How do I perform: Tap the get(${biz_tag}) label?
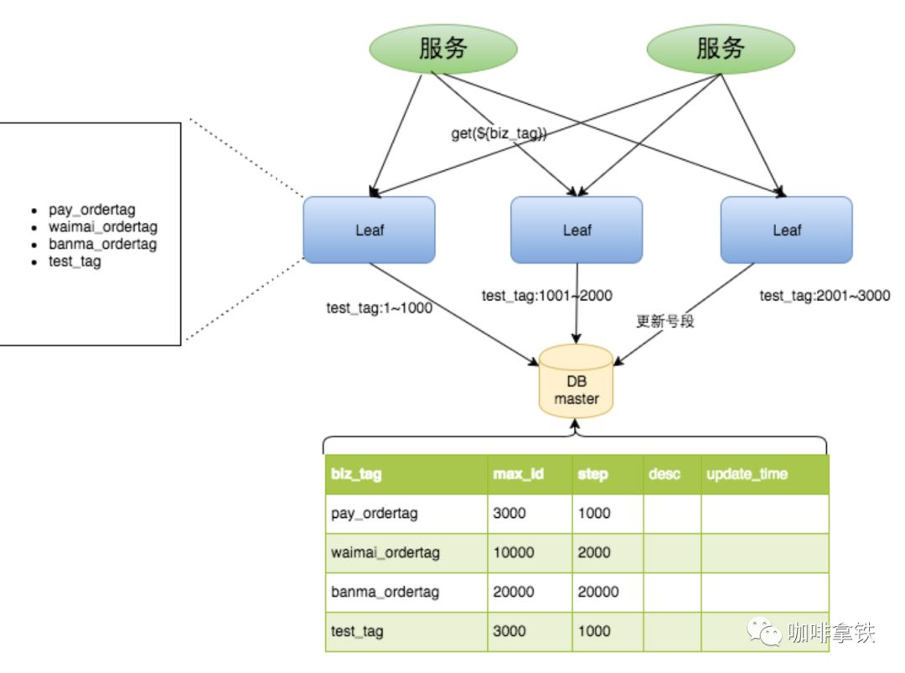click(499, 134)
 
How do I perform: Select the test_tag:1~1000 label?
click(379, 308)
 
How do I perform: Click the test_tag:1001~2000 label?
click(546, 295)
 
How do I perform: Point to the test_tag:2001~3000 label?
click(825, 295)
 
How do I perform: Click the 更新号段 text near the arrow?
click(665, 322)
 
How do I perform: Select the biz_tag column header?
click(356, 474)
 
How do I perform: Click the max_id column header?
click(518, 474)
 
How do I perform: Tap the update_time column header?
click(747, 474)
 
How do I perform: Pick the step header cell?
click(592, 474)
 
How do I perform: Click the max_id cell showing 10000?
click(514, 553)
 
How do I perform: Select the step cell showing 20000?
click(598, 592)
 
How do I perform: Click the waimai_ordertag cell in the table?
click(385, 553)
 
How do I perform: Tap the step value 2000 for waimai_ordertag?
click(594, 553)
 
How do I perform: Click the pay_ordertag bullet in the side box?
click(91, 210)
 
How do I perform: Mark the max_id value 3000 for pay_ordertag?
click(509, 513)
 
